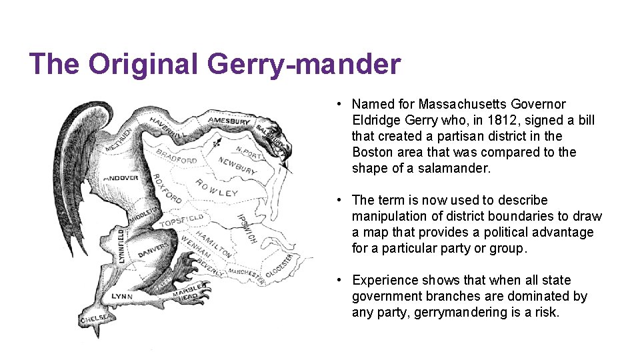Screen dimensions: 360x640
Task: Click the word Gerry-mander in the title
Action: point(304,65)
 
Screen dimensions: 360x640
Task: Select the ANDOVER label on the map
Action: point(121,178)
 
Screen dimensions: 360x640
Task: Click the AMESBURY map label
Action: point(229,121)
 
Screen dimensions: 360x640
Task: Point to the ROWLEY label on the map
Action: point(217,189)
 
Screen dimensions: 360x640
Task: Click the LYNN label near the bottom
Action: point(122,296)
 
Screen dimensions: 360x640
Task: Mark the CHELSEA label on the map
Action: point(95,319)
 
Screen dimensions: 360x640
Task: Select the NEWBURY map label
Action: point(237,166)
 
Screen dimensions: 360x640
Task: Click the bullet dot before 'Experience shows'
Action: point(339,280)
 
